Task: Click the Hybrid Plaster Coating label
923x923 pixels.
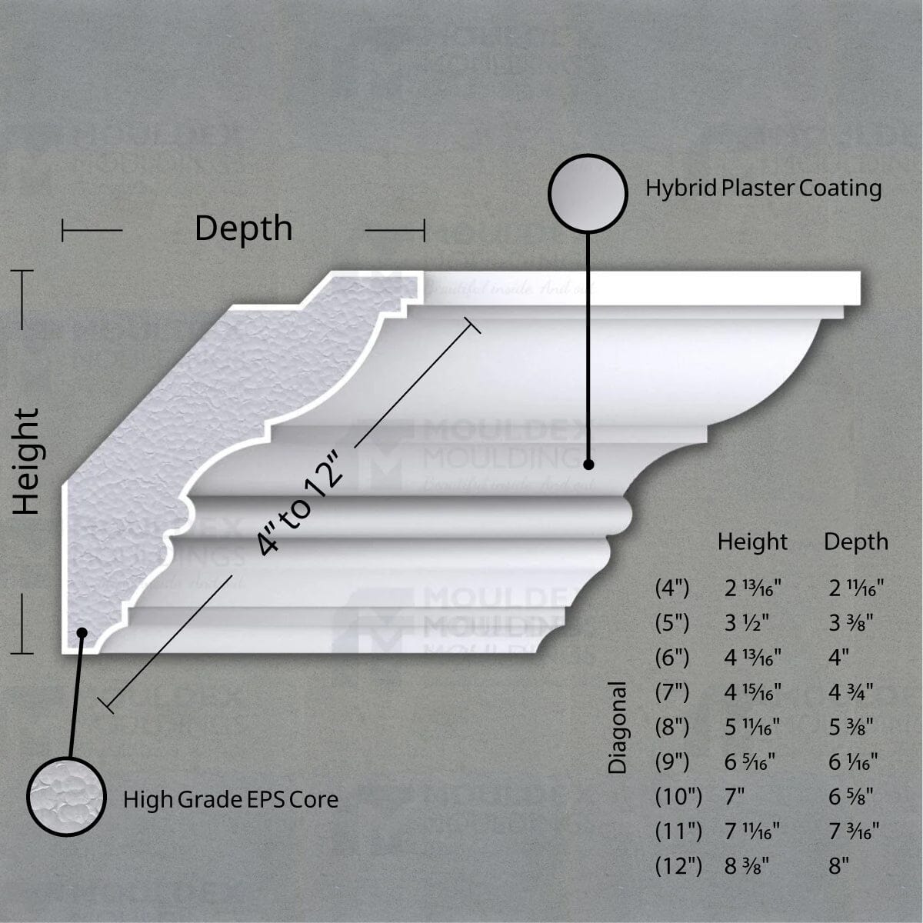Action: (x=763, y=188)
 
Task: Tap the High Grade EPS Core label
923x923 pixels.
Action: (x=231, y=800)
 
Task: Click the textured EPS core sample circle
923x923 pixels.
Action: (x=65, y=796)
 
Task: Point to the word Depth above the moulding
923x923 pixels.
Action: (x=243, y=228)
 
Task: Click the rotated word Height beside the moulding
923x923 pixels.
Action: (x=27, y=461)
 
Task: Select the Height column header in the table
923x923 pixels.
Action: (x=752, y=542)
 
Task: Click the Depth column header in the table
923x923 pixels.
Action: (x=856, y=542)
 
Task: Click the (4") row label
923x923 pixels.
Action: (x=672, y=589)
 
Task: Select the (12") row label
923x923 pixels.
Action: (x=678, y=866)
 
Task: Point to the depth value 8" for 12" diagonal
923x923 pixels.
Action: (x=838, y=866)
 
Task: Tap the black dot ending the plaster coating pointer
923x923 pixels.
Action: (x=588, y=465)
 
